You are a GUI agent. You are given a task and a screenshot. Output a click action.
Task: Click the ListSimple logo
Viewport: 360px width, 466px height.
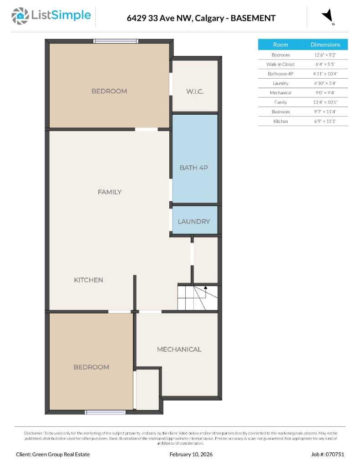[51, 16]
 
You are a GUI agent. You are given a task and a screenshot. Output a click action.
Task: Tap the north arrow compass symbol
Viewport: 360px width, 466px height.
[328, 17]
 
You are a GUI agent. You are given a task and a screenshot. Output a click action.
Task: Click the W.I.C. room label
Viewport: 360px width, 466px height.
[195, 91]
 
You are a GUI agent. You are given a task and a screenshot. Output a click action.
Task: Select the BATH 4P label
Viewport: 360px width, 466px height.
[193, 168]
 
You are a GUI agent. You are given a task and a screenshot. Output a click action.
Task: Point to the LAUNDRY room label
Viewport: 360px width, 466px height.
[194, 222]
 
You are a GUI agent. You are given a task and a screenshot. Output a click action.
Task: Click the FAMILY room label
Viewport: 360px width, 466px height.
[110, 192]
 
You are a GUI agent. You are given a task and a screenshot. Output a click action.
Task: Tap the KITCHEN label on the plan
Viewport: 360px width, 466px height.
[88, 280]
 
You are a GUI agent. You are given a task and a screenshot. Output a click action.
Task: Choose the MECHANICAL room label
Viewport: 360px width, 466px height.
[179, 349]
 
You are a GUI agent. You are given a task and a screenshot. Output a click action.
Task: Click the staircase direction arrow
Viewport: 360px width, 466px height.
[206, 288]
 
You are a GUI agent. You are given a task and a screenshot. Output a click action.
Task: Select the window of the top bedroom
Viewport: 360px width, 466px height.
[116, 41]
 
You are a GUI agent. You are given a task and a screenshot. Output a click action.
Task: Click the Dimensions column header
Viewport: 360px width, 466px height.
[325, 45]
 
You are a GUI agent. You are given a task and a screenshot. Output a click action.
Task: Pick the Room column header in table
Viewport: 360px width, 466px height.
[280, 45]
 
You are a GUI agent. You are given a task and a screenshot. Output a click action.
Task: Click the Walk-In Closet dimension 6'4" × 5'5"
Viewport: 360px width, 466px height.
[325, 64]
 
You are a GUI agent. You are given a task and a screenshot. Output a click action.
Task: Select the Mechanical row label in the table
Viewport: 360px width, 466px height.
[280, 93]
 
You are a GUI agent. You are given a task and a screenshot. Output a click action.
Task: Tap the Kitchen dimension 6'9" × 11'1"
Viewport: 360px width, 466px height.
[325, 122]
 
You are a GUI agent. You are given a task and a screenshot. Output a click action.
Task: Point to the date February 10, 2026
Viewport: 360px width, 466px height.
[191, 454]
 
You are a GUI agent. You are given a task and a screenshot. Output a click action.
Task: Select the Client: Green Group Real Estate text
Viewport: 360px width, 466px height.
[53, 454]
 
